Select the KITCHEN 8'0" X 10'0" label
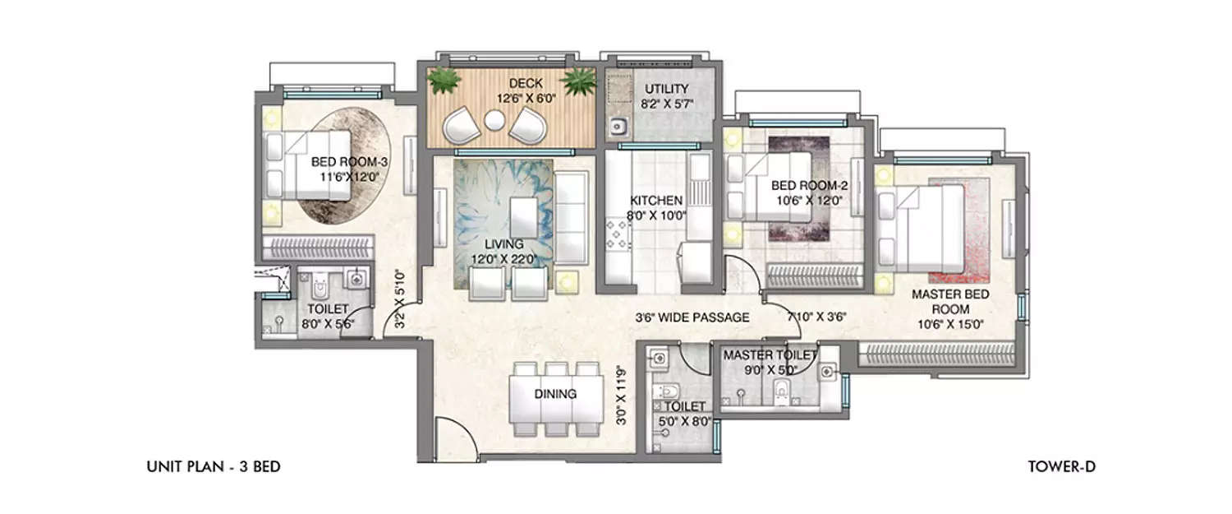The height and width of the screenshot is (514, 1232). pos(657,207)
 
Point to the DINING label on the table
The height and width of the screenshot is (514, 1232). pos(555,394)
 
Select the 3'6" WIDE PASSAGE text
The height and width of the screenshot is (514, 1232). pos(692,317)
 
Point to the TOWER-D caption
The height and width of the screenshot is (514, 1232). pos(1061,467)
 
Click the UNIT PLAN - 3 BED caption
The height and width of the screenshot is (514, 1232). pos(213,467)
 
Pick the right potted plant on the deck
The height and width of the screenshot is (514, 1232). pos(579,81)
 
